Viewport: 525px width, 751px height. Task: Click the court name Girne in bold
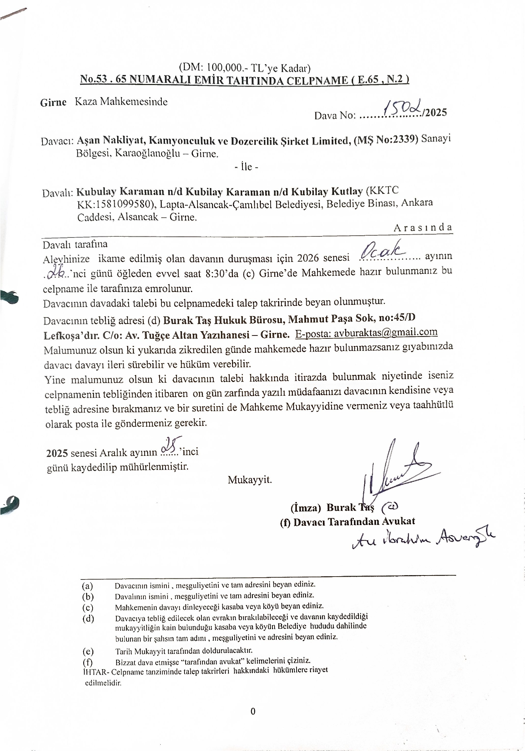pos(53,102)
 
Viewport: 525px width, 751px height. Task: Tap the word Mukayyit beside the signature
pos(250,480)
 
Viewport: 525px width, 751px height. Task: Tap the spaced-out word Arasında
pos(423,228)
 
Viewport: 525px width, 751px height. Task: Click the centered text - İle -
pos(246,167)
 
